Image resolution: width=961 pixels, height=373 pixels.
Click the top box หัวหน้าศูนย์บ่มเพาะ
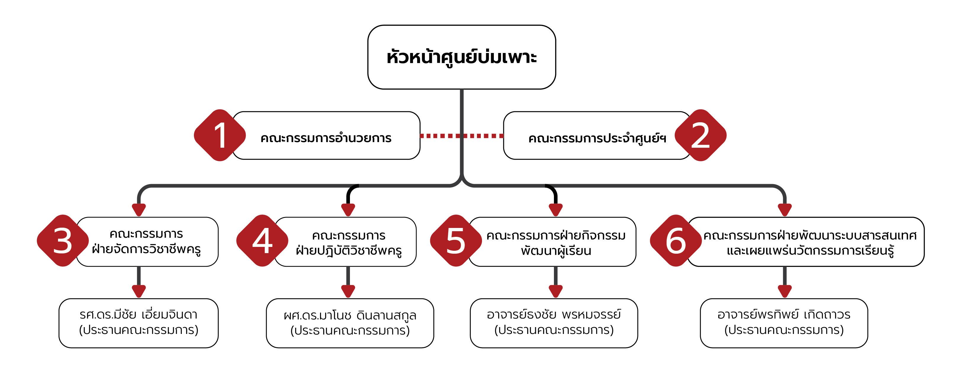[462, 57]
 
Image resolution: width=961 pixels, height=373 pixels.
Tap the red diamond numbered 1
[220, 135]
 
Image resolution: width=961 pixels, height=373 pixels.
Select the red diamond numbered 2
[700, 135]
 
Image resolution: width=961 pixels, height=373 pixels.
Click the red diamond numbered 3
[63, 241]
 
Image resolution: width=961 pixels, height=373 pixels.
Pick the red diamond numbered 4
[262, 241]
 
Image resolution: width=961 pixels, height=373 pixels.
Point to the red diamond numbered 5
[456, 241]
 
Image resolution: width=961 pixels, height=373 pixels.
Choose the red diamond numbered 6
[676, 241]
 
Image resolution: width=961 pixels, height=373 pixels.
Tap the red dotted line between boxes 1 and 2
[440, 136]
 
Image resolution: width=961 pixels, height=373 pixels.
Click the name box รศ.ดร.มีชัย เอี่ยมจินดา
[138, 323]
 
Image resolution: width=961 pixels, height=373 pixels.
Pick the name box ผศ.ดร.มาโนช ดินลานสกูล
[350, 323]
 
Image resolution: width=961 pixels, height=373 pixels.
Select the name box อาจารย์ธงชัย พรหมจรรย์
[554, 323]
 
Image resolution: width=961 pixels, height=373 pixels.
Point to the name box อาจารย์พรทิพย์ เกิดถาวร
[784, 323]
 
